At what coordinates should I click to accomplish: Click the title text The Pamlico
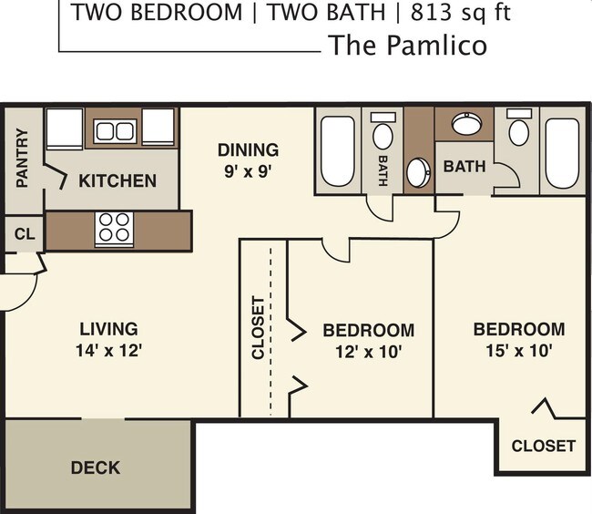(407, 45)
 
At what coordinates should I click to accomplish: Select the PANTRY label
(23, 158)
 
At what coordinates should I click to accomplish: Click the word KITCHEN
(117, 180)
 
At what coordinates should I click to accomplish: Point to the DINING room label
(248, 149)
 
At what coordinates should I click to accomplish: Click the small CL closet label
(25, 234)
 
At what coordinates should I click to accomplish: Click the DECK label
(96, 468)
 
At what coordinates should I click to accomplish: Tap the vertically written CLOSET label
(258, 328)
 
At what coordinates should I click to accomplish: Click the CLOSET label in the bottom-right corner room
(543, 446)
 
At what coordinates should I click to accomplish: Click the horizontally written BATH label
(464, 168)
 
